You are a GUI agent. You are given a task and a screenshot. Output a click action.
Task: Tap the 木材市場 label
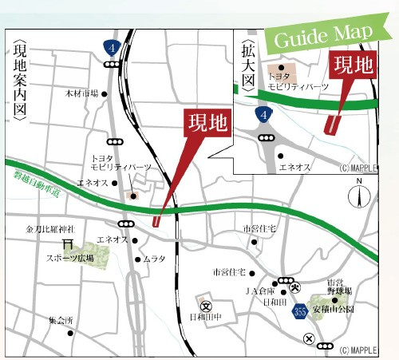coord(81,93)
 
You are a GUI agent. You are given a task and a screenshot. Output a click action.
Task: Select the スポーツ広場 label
coord(69,259)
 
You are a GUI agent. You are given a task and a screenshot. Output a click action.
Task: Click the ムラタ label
coord(155,259)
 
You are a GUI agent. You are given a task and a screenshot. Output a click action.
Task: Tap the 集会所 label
coord(60,320)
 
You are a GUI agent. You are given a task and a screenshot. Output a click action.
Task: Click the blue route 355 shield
coord(300,309)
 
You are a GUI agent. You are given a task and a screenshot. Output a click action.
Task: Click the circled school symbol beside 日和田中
coord(205,303)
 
